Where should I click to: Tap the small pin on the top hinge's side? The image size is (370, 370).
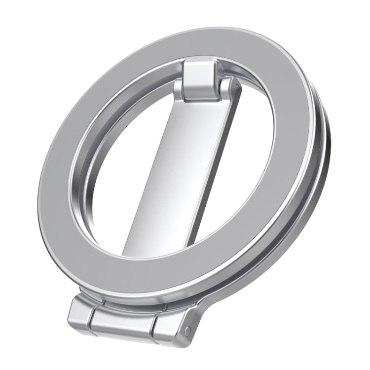tap(237, 89)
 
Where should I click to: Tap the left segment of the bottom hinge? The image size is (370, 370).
tap(81, 313)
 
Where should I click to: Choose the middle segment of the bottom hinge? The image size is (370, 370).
tap(121, 323)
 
